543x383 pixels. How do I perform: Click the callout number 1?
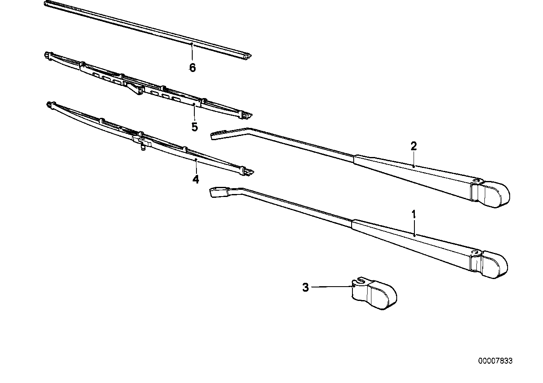point(414,214)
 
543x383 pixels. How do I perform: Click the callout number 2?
point(414,146)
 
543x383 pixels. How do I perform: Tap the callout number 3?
point(305,287)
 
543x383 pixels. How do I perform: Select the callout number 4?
point(196,179)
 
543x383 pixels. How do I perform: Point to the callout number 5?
point(195,127)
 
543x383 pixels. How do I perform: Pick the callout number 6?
point(193,68)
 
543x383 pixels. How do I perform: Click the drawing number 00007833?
point(495,361)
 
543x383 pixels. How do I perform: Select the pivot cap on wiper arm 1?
point(489,265)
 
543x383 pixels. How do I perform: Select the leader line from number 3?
point(332,287)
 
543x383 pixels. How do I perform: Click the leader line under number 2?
point(414,159)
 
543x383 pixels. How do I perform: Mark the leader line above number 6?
point(192,52)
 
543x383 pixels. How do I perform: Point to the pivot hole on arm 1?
point(474,252)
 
